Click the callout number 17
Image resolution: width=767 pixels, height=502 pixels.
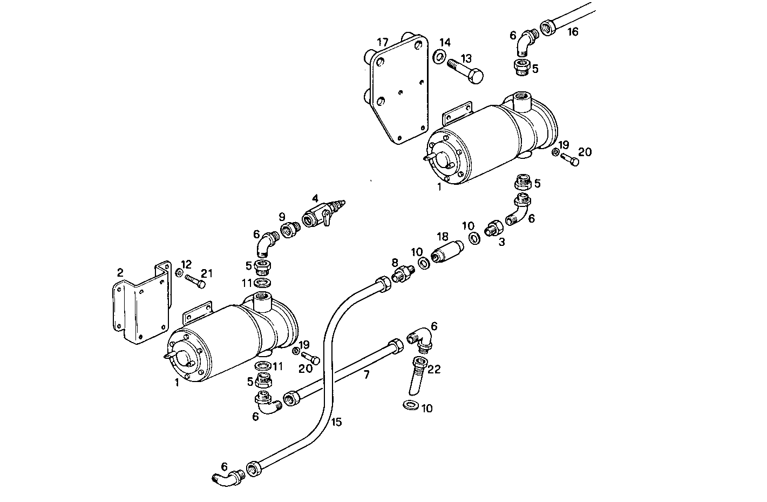383,42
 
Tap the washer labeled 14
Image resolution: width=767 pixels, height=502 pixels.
440,56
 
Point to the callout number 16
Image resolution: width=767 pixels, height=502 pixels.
573,32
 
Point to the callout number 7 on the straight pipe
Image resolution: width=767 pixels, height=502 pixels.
366,374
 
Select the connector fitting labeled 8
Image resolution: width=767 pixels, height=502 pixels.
403,273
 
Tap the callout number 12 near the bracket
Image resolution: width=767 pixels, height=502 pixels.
186,264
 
